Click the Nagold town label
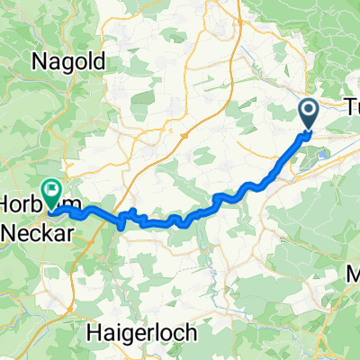pyautogui.click(x=71, y=62)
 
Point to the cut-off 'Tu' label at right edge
pyautogui.click(x=352, y=107)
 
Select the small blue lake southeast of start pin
pyautogui.click(x=317, y=155)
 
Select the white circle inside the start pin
pyautogui.click(x=308, y=112)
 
